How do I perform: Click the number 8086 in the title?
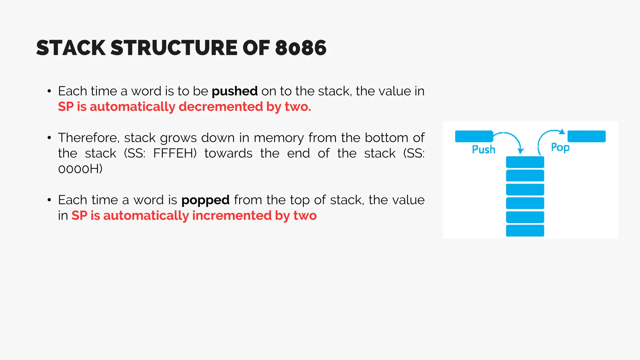coord(301,48)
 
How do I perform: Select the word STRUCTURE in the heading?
coord(174,48)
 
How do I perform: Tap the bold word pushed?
coord(235,91)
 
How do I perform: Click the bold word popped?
coord(205,200)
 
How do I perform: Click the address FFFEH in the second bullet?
coord(175,153)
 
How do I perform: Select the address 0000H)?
coord(80,169)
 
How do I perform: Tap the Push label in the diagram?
coord(483,149)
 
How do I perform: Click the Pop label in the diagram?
coord(560,147)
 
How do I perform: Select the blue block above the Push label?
coord(474,136)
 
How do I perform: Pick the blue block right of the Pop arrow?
coord(586,136)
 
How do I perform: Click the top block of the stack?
coord(525,162)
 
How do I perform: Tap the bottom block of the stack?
coord(525,231)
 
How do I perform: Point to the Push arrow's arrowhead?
coord(520,151)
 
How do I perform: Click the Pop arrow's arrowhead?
coord(562,132)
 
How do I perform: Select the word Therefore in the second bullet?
coord(89,138)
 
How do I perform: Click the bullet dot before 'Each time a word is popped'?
coord(49,200)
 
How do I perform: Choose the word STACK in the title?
coord(71,48)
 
